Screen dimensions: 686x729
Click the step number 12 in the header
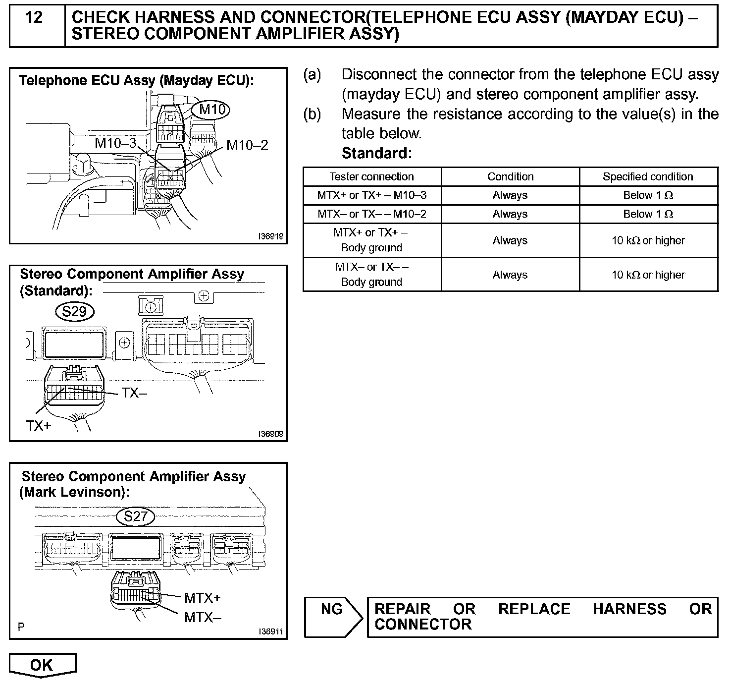click(x=34, y=18)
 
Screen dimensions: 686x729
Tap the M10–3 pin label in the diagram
click(x=115, y=144)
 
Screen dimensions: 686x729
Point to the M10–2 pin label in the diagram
click(x=247, y=145)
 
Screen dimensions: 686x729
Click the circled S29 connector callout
click(x=75, y=311)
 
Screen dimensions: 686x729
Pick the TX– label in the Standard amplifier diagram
click(x=134, y=393)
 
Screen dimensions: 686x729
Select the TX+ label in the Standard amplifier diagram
click(x=39, y=425)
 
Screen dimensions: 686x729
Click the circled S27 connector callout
click(x=136, y=516)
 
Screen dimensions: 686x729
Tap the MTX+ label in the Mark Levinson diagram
click(x=202, y=598)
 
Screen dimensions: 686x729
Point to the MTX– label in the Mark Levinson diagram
click(x=203, y=618)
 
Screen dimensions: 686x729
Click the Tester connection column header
click(x=371, y=177)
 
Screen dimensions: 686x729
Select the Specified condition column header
click(x=648, y=177)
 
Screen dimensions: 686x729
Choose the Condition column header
click(x=510, y=177)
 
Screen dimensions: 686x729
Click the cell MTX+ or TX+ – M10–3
click(x=371, y=195)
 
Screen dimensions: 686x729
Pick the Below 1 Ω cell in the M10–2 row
click(x=648, y=214)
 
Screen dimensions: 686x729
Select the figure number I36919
click(x=270, y=236)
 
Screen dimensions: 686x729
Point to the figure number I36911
click(x=270, y=631)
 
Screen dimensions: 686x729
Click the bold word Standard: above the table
click(x=376, y=153)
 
